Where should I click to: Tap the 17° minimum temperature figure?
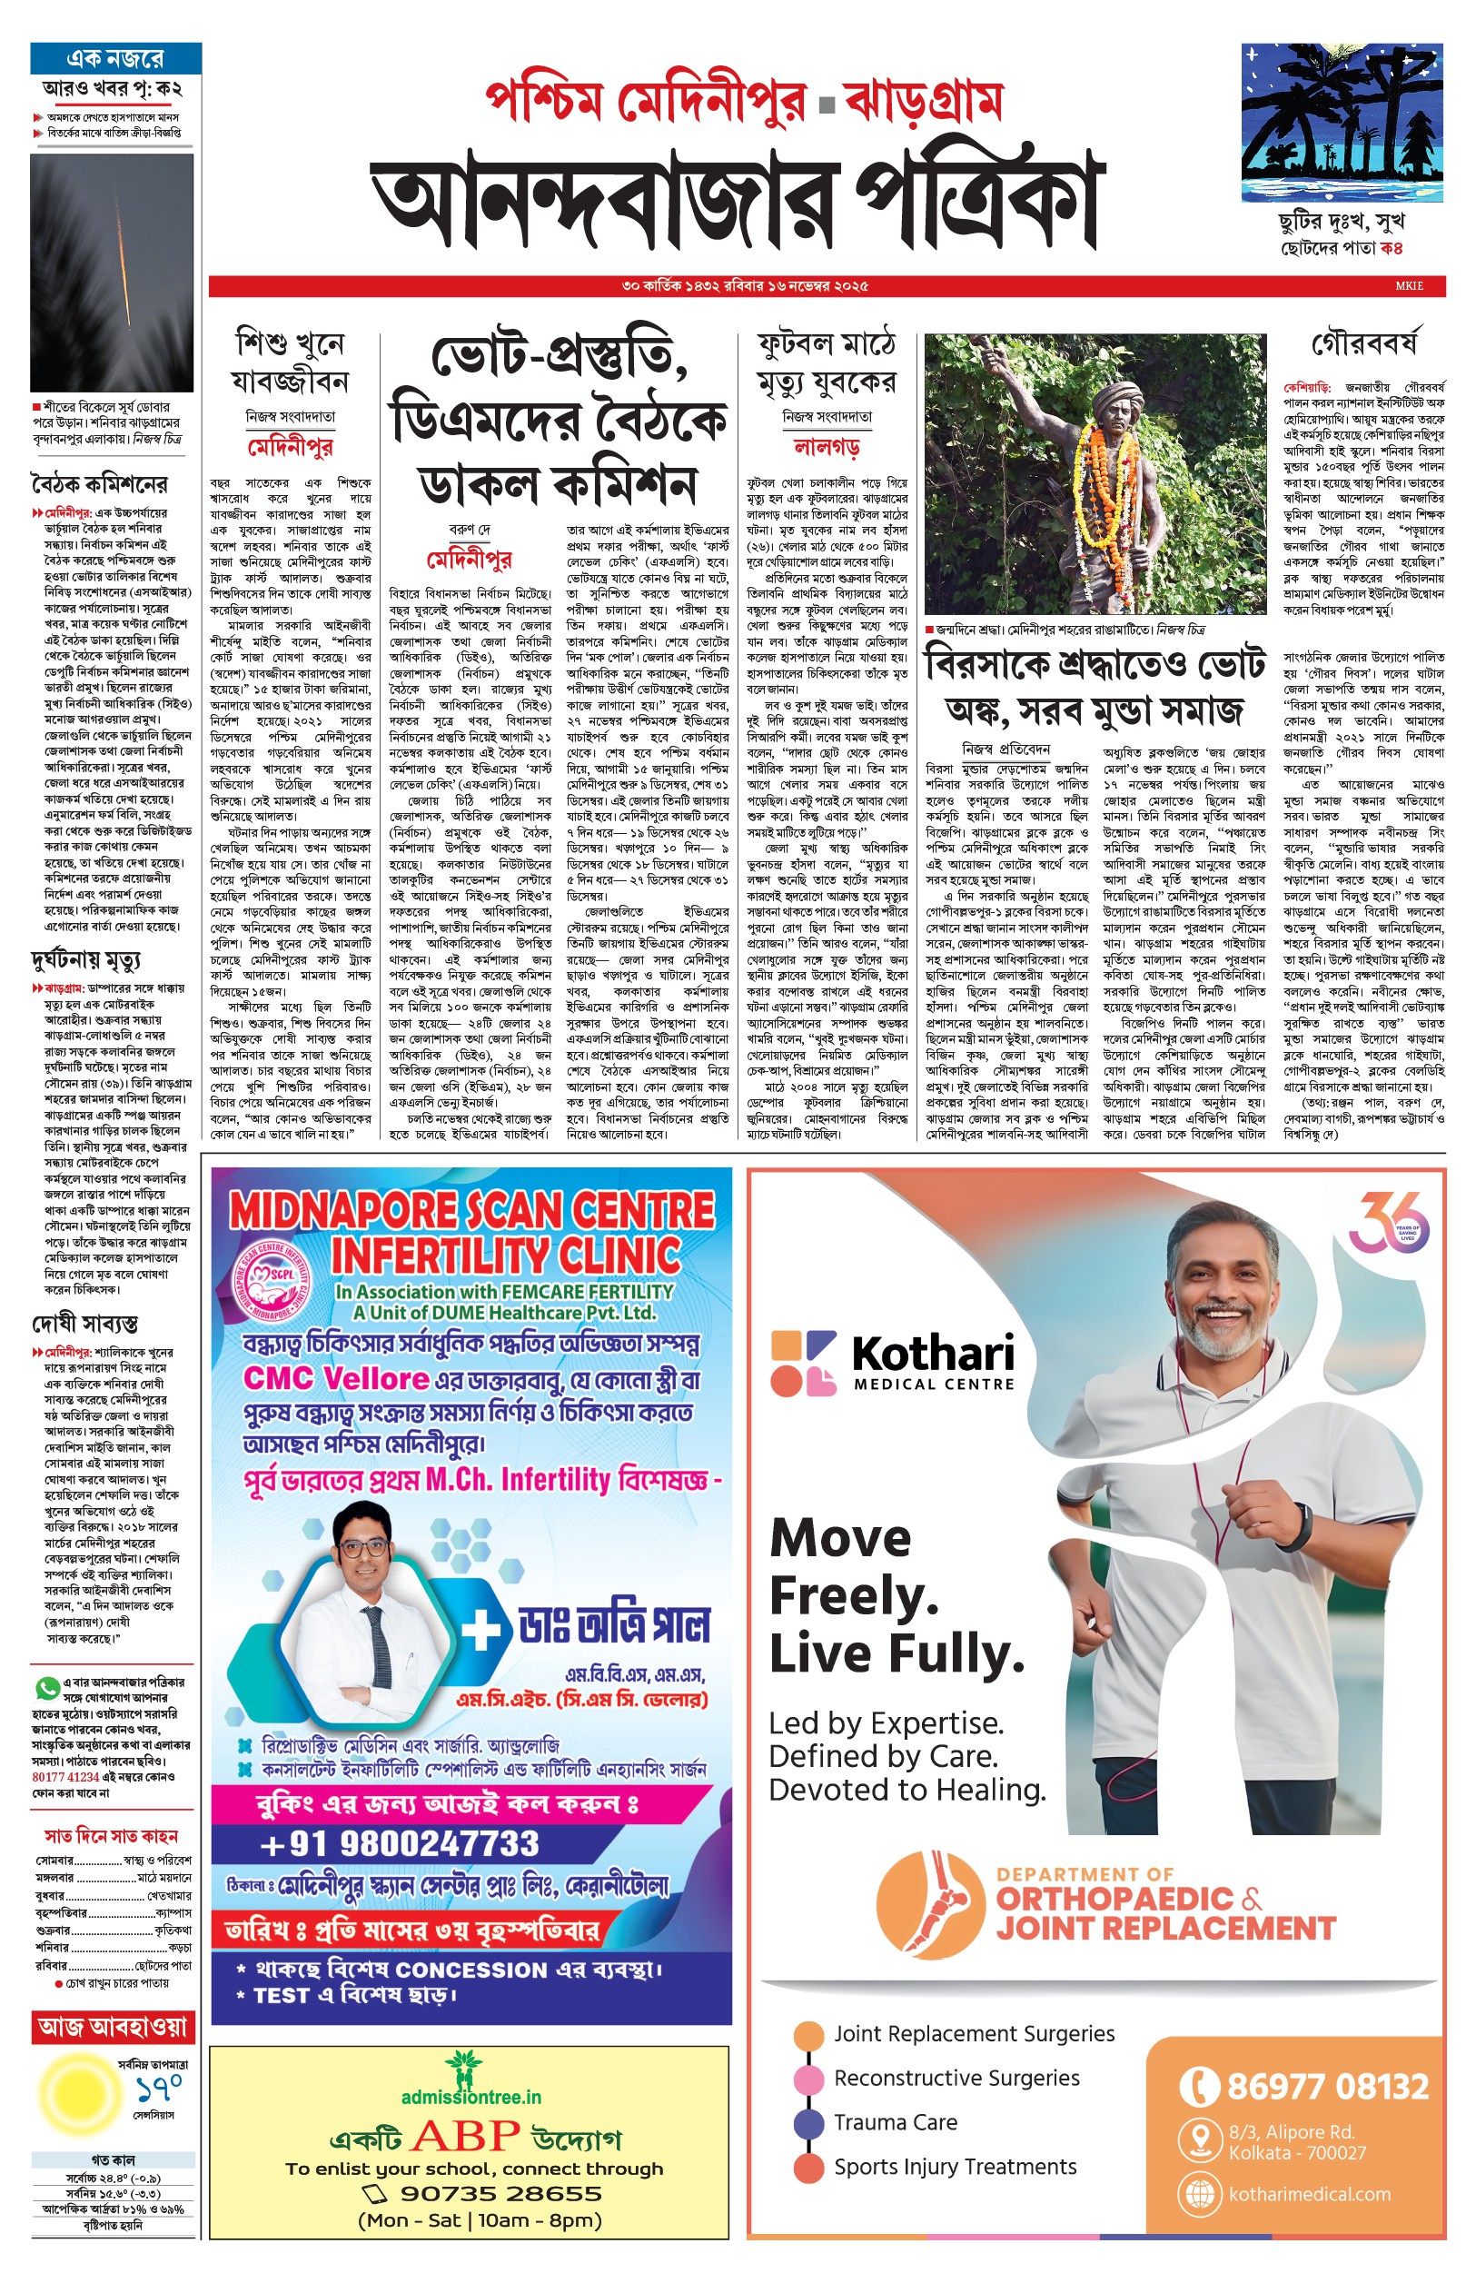tap(159, 2086)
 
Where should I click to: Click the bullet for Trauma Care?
tap(810, 2122)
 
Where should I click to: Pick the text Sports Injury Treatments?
tap(955, 2167)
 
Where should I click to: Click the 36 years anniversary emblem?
tap(1387, 1223)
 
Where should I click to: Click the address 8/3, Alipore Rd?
tap(1291, 2132)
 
